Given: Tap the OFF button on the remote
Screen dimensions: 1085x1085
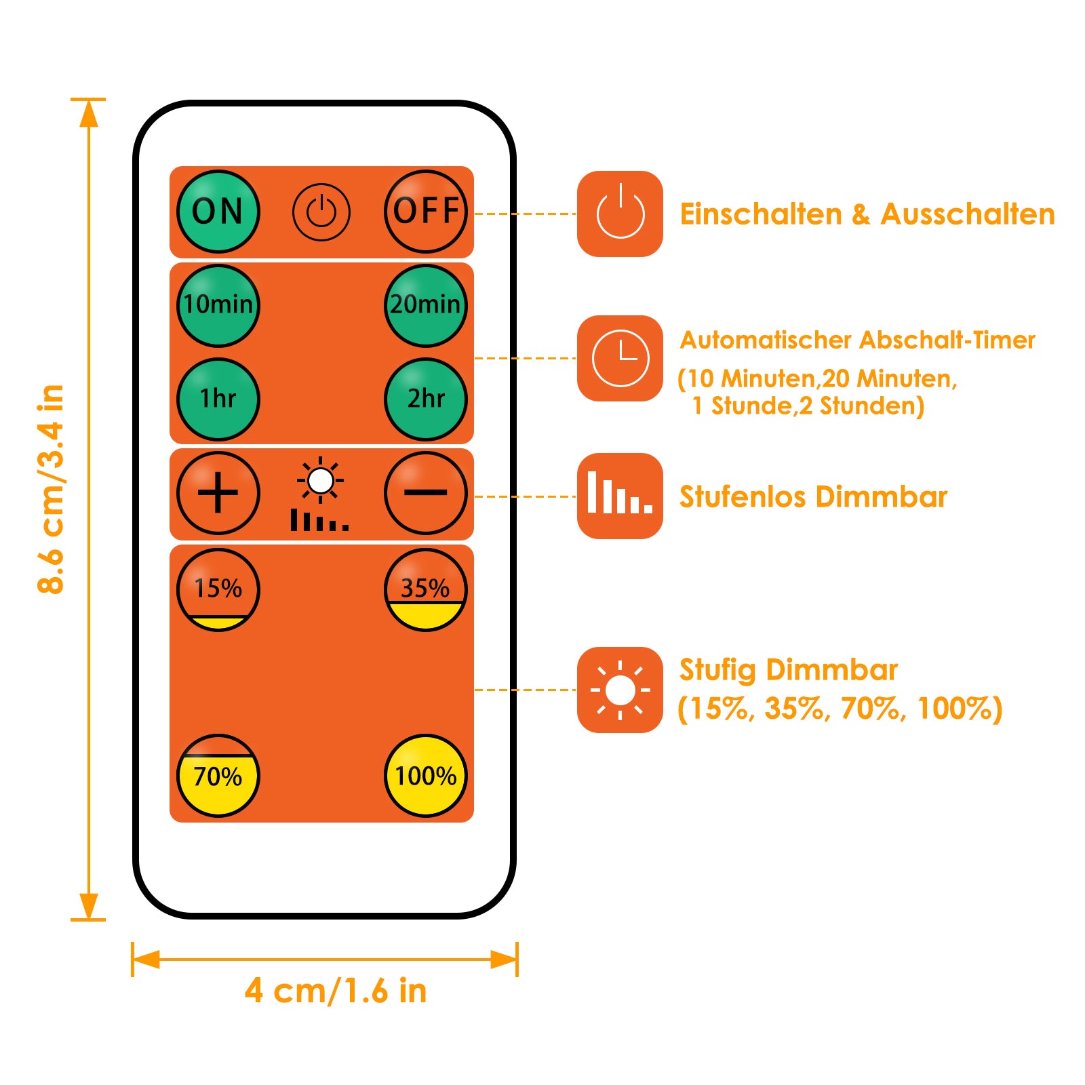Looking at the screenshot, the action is click(x=426, y=212).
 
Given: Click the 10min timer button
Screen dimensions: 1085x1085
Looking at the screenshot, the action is click(x=218, y=305).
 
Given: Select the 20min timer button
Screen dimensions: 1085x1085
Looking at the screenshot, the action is click(x=426, y=305).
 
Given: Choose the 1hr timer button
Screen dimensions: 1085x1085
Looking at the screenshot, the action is click(x=218, y=399).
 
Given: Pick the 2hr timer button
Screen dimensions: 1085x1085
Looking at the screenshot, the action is click(x=426, y=399).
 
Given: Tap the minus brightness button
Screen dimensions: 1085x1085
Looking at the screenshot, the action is click(x=426, y=493).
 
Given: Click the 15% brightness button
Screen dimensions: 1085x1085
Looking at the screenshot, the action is click(x=218, y=589).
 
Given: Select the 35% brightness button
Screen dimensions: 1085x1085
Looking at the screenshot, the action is click(x=426, y=589).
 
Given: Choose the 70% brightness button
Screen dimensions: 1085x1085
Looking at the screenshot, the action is click(x=218, y=776).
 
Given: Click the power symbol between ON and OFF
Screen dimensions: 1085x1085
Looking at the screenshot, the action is click(x=321, y=212).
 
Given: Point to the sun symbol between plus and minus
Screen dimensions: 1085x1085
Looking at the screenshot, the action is click(x=320, y=481).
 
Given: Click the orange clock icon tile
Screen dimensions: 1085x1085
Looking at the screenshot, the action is click(x=620, y=358).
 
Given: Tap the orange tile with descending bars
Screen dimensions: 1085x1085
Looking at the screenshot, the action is click(x=620, y=496).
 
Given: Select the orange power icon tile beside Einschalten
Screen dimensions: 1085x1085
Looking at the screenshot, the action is click(x=620, y=214).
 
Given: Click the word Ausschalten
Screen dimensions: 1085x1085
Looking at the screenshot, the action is click(x=968, y=214).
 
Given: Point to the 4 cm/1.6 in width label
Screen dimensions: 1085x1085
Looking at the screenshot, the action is click(x=336, y=991).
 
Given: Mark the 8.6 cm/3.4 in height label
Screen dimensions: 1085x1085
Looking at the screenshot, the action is click(x=52, y=489).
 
